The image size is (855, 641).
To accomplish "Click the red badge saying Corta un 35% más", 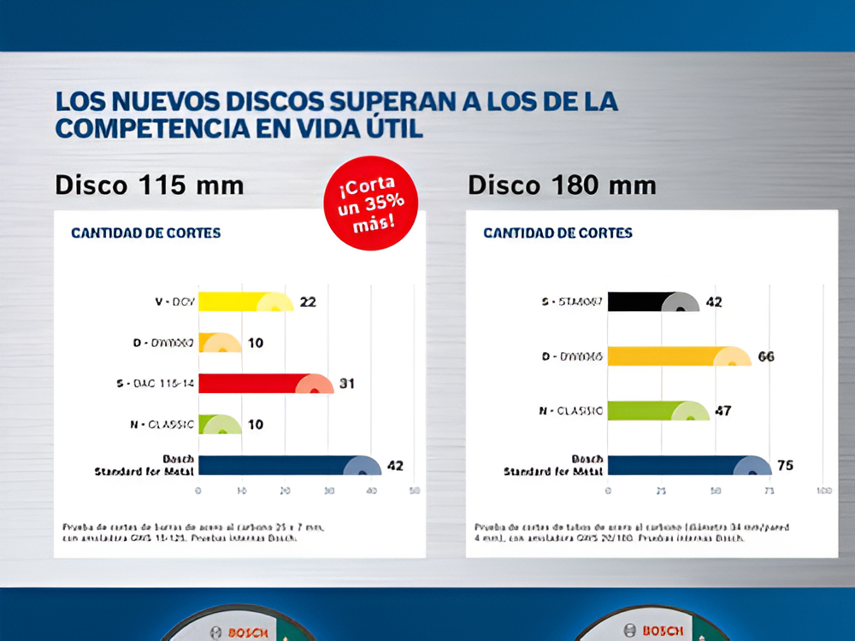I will [370, 203].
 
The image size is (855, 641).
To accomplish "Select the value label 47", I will [723, 411].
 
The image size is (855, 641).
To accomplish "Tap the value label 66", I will [765, 356].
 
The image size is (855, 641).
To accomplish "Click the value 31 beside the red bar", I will [346, 384].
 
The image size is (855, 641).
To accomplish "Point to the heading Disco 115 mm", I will [150, 185].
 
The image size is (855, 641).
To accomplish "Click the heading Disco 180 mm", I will [562, 185].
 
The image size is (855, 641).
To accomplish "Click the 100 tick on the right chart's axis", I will [824, 491].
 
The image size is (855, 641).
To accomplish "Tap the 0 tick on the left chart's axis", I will [198, 491].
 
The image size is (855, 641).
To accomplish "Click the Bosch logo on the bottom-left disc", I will [249, 632].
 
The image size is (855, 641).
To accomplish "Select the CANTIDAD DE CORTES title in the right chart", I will [557, 232].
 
